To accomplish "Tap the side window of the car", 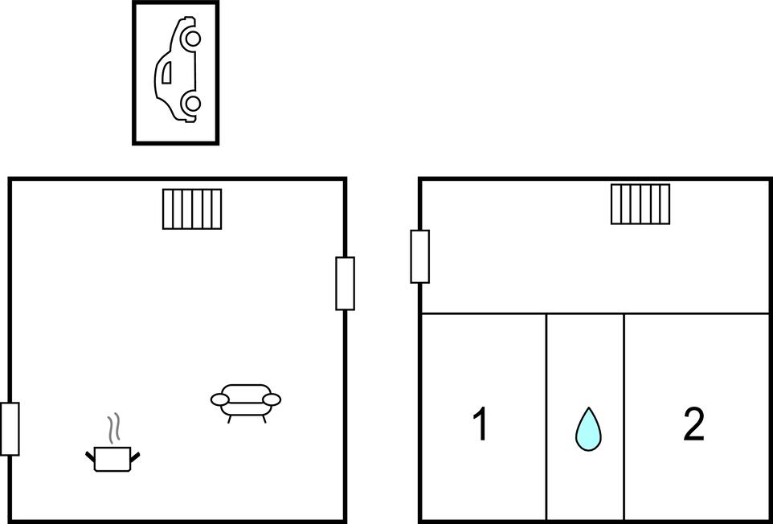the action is point(168,72).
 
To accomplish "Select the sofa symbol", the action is point(246,403).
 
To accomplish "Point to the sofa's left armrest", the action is point(220,399).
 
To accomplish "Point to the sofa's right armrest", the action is point(272,399).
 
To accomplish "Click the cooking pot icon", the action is point(112,458).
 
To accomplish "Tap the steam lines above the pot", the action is point(114,427).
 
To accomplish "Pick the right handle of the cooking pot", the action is point(135,457).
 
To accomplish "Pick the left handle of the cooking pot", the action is point(90,457).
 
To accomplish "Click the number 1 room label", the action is point(481,424).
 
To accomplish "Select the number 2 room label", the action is point(693,424).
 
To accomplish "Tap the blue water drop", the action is point(588,429).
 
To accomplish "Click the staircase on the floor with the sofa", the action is point(192,209).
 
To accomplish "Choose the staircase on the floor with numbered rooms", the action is point(640,204).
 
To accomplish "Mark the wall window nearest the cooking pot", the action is point(10,429).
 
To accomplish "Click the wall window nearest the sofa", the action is point(345,284).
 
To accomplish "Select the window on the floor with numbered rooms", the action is point(420,256).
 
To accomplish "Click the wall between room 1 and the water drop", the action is point(546,417).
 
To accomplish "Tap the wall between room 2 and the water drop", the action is point(624,417).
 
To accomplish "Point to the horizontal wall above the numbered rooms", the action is point(595,313).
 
